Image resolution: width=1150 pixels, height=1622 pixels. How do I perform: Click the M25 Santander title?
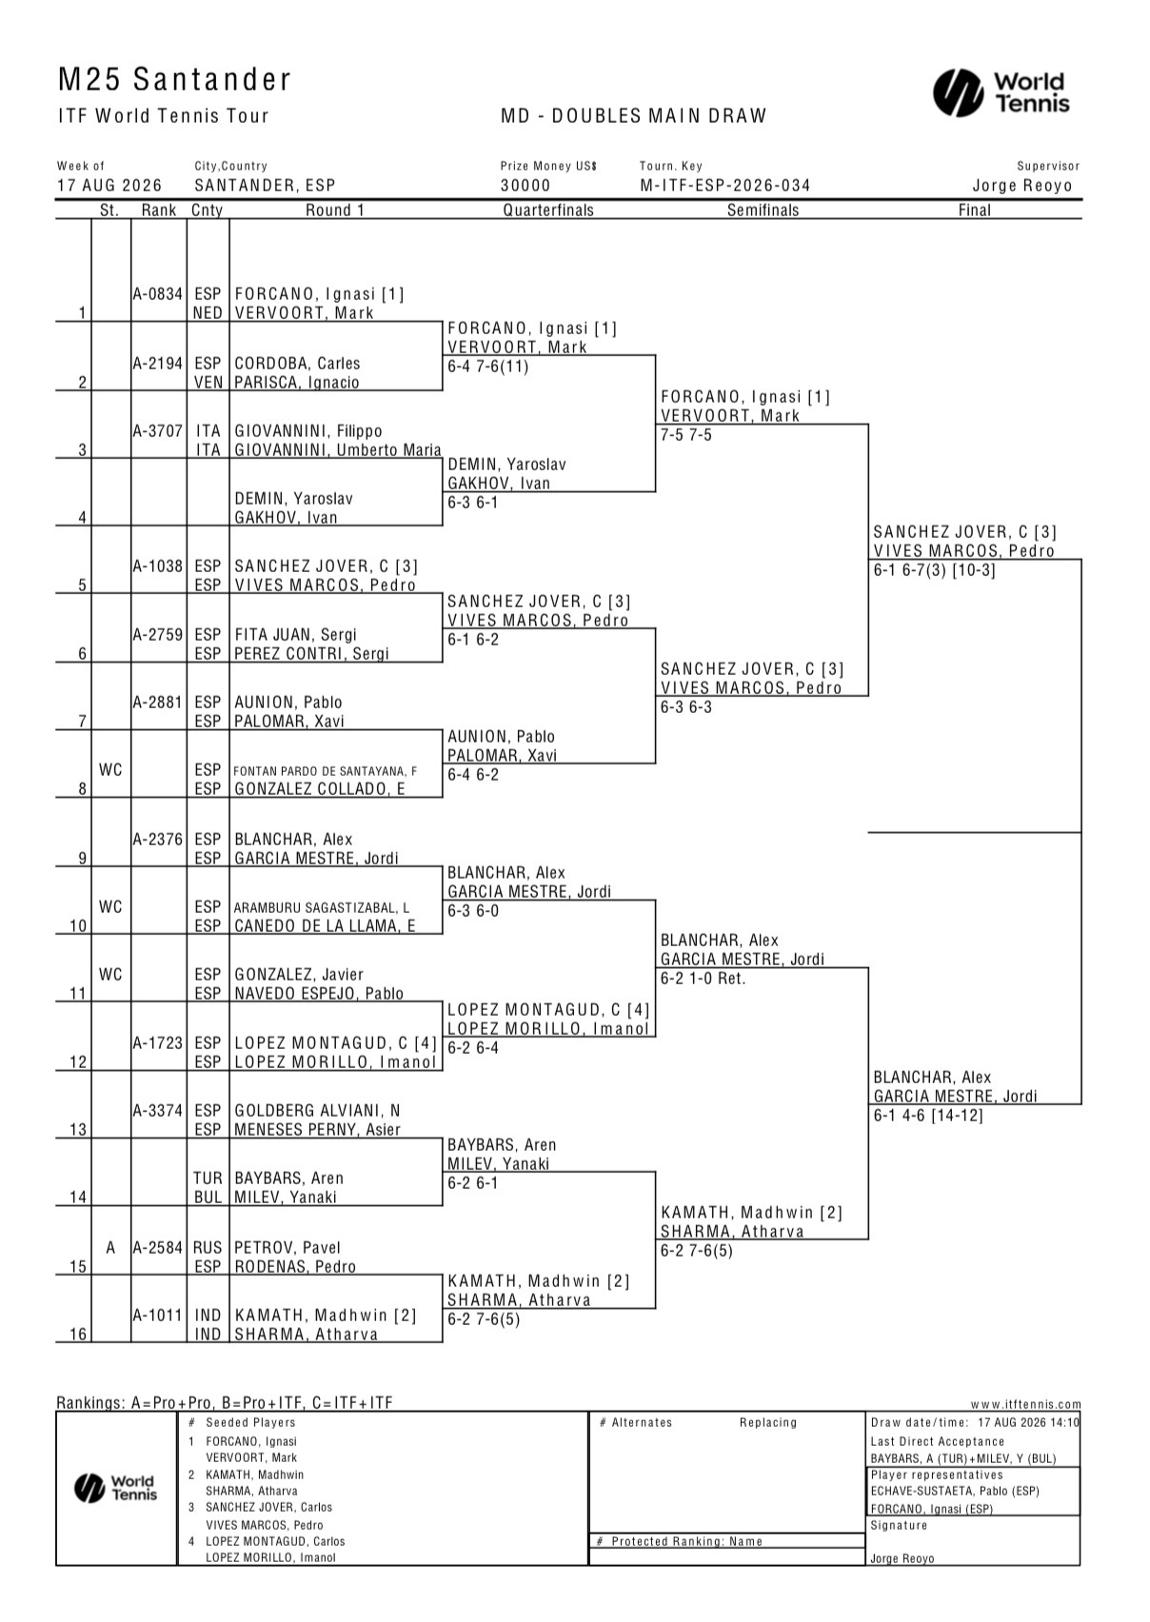pyautogui.click(x=174, y=80)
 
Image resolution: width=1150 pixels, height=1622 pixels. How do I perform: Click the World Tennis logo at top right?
pyautogui.click(x=1001, y=92)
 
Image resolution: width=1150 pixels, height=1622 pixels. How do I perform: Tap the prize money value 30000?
pyautogui.click(x=525, y=186)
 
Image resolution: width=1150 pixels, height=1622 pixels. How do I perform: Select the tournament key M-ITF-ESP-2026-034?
pyautogui.click(x=724, y=186)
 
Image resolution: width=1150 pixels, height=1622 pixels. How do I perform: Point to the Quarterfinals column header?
pyautogui.click(x=548, y=210)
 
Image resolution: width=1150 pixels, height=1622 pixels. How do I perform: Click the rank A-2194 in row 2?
pyautogui.click(x=158, y=364)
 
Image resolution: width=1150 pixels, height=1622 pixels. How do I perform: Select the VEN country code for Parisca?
pyautogui.click(x=208, y=383)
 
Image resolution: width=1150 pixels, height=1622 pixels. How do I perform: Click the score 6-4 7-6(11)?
pyautogui.click(x=488, y=366)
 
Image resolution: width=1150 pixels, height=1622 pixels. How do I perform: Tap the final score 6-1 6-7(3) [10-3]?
pyautogui.click(x=934, y=570)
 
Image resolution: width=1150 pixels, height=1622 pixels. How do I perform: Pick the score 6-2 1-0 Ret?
pyautogui.click(x=704, y=979)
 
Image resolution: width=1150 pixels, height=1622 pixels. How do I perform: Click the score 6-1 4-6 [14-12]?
pyautogui.click(x=928, y=1116)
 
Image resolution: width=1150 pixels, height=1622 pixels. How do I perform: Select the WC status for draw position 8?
pyautogui.click(x=110, y=770)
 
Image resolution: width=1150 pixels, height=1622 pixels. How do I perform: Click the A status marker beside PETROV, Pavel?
pyautogui.click(x=110, y=1248)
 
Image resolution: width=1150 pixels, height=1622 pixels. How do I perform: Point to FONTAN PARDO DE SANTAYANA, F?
pyautogui.click(x=326, y=772)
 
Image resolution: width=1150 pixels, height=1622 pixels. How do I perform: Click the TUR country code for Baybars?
pyautogui.click(x=208, y=1178)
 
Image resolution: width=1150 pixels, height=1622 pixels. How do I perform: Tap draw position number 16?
pyautogui.click(x=78, y=1334)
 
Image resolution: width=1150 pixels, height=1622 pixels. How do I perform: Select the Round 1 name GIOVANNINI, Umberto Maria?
pyautogui.click(x=337, y=450)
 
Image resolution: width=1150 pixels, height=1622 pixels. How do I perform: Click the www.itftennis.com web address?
pyautogui.click(x=1025, y=1404)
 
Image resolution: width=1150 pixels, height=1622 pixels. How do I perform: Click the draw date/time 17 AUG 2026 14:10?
pyautogui.click(x=1028, y=1422)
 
